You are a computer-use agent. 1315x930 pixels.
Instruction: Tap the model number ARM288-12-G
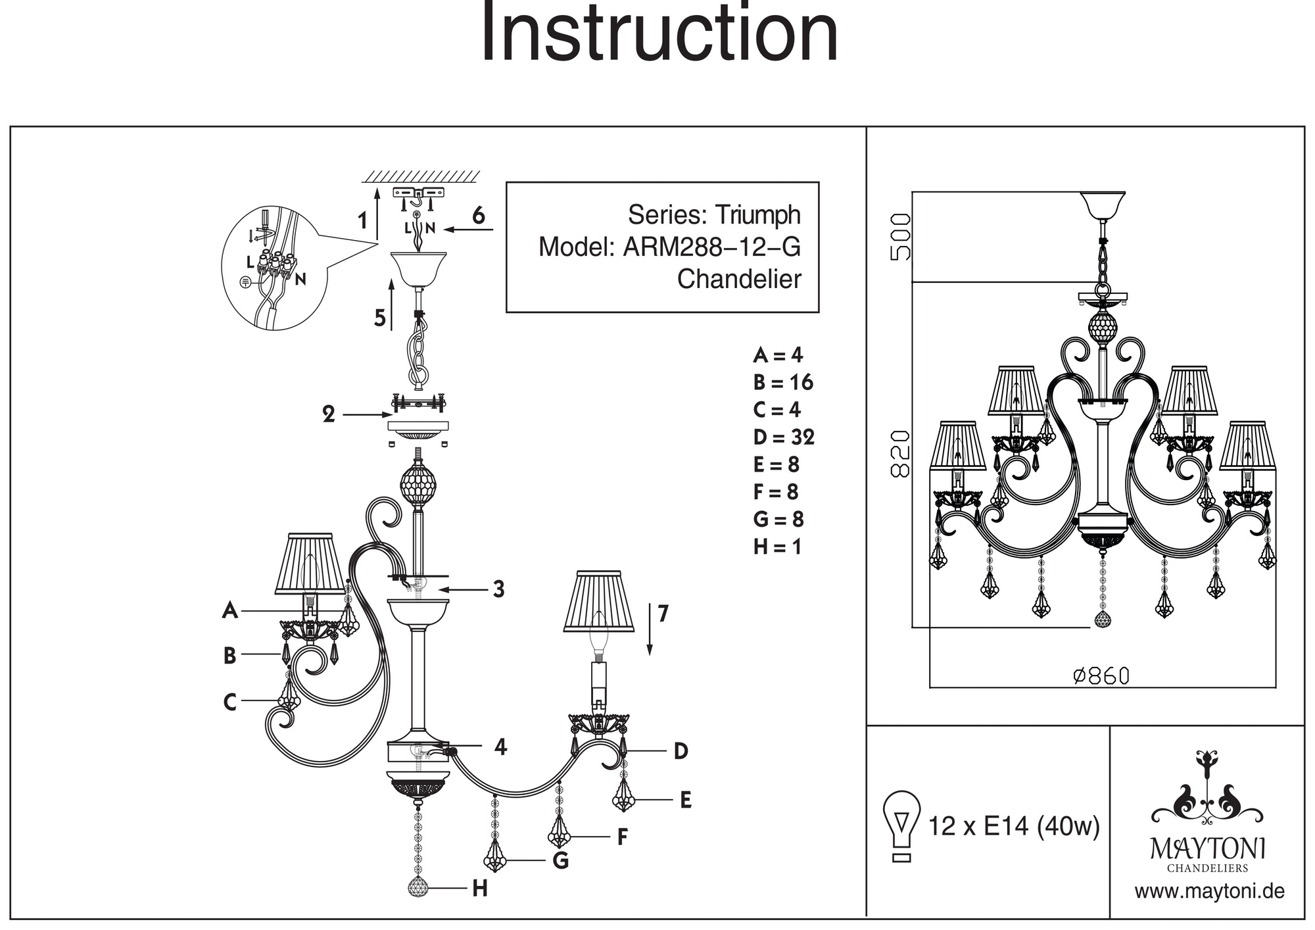click(711, 247)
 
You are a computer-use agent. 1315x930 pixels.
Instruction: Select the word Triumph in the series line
click(757, 215)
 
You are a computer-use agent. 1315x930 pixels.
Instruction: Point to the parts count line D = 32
click(784, 437)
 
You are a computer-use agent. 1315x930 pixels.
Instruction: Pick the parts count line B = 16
click(783, 382)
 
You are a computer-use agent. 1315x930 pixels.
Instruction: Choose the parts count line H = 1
click(777, 547)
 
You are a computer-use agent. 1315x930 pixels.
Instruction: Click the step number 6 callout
click(479, 215)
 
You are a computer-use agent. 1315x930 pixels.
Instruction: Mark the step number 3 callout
click(499, 589)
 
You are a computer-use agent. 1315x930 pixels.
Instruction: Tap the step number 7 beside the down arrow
click(663, 614)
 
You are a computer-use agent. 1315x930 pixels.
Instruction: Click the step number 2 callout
click(329, 414)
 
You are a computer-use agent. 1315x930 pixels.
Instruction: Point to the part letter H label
click(480, 889)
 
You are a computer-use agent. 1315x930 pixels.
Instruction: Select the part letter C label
click(229, 702)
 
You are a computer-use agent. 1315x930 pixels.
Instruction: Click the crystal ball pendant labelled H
click(418, 887)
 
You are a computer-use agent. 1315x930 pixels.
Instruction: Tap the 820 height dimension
click(900, 453)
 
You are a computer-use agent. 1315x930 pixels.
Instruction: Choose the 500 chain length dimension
click(900, 237)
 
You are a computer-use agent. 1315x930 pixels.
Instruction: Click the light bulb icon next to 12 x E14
click(902, 825)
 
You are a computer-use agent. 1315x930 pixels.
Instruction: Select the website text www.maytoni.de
click(1209, 892)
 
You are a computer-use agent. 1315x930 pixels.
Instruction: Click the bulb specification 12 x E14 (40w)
click(1013, 826)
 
